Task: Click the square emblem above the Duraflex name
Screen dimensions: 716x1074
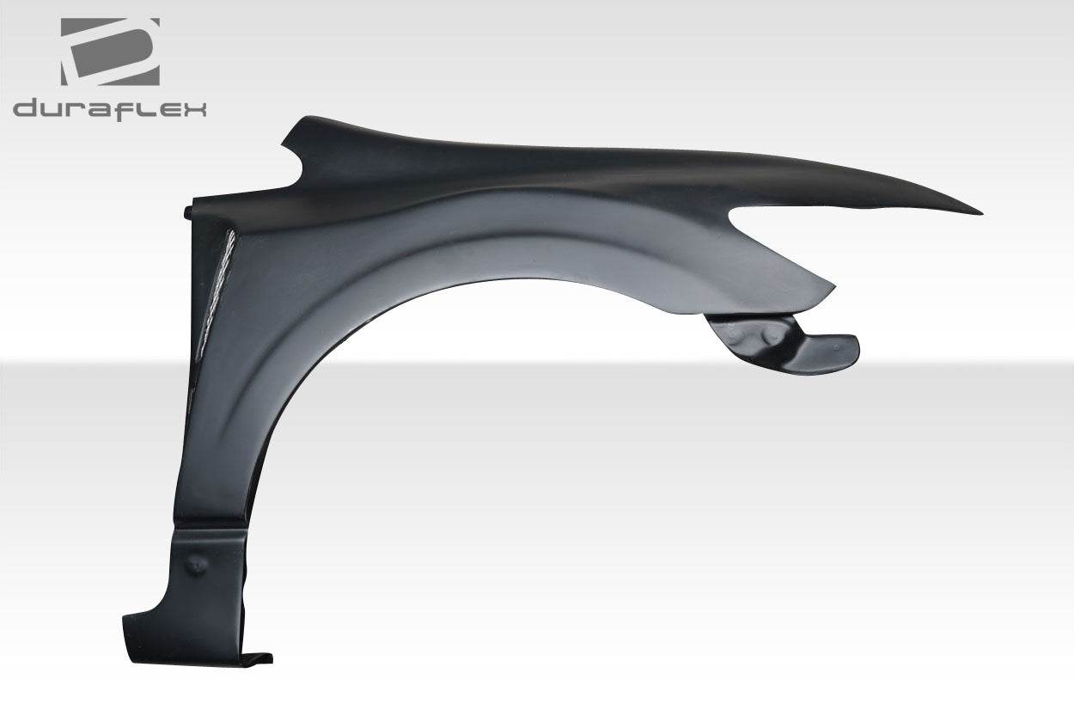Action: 110,52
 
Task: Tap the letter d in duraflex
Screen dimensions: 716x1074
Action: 26,110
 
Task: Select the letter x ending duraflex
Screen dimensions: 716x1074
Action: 194,110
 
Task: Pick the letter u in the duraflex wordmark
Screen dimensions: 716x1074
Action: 54,111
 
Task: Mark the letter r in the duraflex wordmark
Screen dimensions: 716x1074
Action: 79,111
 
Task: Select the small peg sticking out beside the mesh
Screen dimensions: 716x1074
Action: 188,209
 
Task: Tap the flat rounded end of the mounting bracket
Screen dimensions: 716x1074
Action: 837,346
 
